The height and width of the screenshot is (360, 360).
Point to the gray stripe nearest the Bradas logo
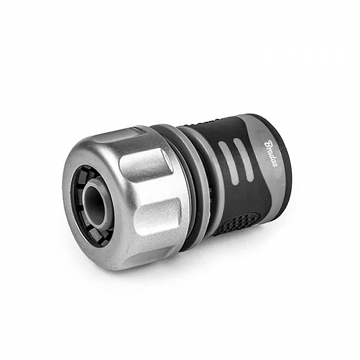(x=243, y=160)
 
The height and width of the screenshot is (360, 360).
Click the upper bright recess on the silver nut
(x=145, y=166)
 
